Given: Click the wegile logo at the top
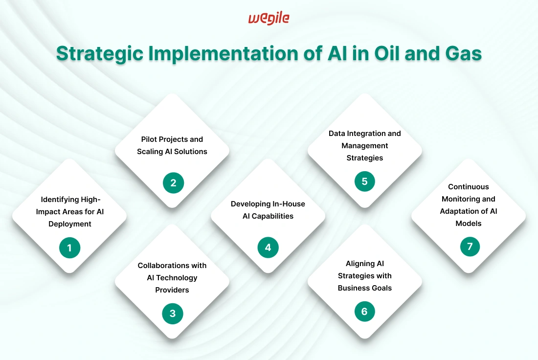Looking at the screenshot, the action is pyautogui.click(x=269, y=19).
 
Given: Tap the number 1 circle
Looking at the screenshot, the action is pyautogui.click(x=69, y=247).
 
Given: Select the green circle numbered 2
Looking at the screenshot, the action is pyautogui.click(x=173, y=182).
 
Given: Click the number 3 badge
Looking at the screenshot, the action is pyautogui.click(x=173, y=314).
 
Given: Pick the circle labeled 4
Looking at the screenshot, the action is pyautogui.click(x=268, y=247).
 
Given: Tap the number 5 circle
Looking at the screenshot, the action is pyautogui.click(x=365, y=181).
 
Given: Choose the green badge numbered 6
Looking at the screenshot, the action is pyautogui.click(x=365, y=311).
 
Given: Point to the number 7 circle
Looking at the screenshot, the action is pyautogui.click(x=470, y=246).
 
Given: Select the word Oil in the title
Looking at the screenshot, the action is pyautogui.click(x=387, y=53).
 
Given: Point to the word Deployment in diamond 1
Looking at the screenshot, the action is pyautogui.click(x=69, y=224).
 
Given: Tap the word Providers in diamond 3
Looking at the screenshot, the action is pyautogui.click(x=172, y=290).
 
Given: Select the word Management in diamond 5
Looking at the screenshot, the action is pyautogui.click(x=365, y=146).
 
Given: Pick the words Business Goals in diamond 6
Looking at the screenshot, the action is pyautogui.click(x=365, y=288).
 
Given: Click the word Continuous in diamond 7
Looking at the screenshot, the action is pyautogui.click(x=469, y=187).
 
